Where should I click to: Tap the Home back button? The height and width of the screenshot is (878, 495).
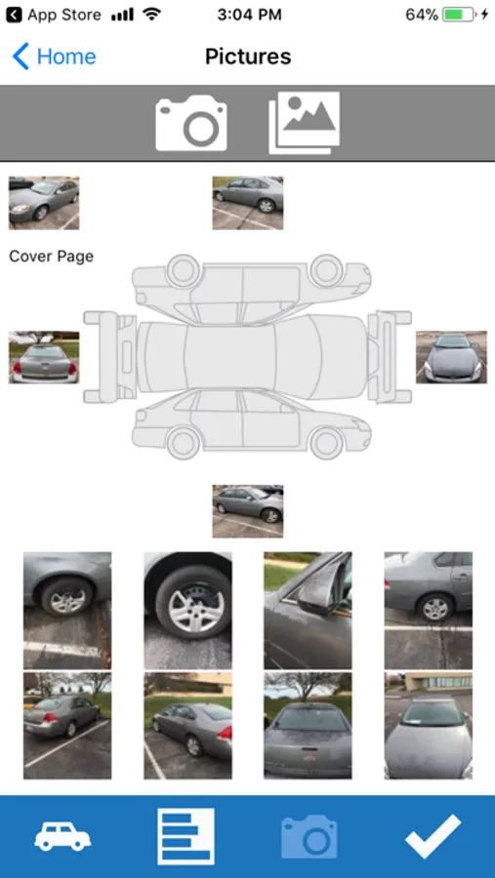[54, 57]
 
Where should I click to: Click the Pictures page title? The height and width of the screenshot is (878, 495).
[248, 57]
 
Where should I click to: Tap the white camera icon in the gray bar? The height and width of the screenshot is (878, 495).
[191, 123]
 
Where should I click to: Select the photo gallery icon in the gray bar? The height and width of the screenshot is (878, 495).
[305, 123]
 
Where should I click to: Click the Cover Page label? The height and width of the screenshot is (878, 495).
[51, 257]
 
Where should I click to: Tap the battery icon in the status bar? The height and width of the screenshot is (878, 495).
[459, 15]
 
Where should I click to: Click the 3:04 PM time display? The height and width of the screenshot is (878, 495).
[249, 15]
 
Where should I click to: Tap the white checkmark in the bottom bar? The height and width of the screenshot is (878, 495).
[433, 837]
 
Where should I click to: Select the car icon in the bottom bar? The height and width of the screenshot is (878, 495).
[62, 838]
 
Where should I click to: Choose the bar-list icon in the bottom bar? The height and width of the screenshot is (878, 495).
[186, 836]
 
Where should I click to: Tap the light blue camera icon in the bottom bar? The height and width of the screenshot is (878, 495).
[309, 837]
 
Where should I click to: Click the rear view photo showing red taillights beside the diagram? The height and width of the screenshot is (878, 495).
[44, 357]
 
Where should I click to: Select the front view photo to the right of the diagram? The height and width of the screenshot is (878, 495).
[451, 357]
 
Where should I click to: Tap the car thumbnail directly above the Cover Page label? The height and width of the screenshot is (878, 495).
[44, 203]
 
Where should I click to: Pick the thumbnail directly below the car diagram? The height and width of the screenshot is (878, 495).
[248, 511]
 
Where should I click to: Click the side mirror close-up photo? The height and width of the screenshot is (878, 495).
[308, 611]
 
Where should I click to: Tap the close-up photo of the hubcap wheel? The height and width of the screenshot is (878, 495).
[187, 611]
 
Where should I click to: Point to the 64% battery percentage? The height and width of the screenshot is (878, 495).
[422, 15]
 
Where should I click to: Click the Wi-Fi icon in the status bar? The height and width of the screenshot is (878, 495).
[152, 15]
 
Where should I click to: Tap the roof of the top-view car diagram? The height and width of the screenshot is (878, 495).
[229, 356]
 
